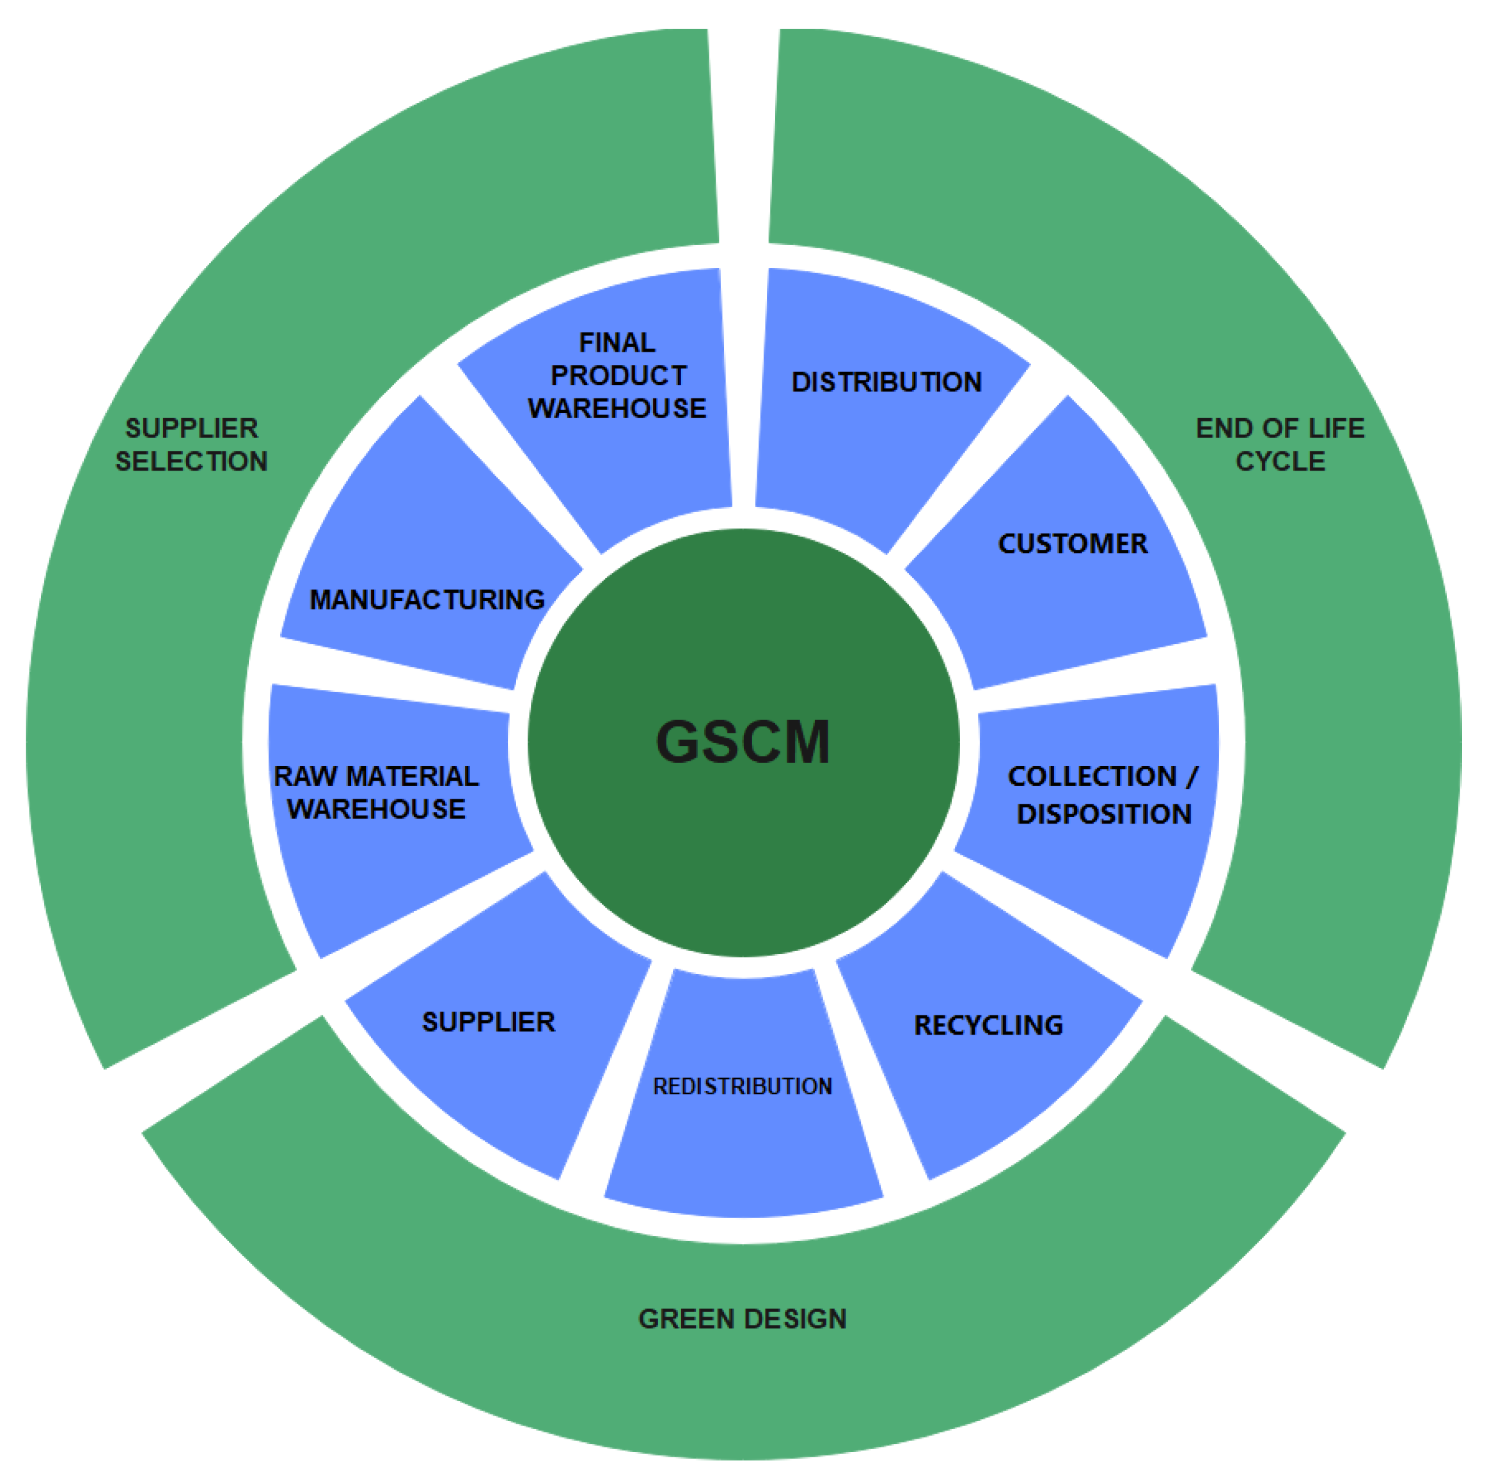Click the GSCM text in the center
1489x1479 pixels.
coord(743,742)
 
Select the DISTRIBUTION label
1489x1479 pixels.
coord(886,382)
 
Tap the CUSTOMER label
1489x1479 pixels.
coord(1073,544)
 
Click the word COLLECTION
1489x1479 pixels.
coord(1092,776)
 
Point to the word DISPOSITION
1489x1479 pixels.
coord(1104,814)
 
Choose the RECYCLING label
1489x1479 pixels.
coord(989,1025)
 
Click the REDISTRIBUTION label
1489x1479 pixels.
coord(742,1087)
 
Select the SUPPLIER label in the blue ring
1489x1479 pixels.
coord(489,1022)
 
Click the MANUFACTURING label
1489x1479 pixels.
coord(427,600)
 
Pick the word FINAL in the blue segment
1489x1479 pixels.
coord(617,342)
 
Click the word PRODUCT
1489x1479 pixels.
coord(618,375)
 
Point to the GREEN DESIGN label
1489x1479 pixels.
coord(742,1319)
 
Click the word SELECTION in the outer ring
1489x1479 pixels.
coord(191,462)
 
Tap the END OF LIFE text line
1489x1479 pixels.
coord(1280,428)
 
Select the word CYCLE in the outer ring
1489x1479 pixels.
coord(1280,462)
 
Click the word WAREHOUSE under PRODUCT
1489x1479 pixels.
coord(617,408)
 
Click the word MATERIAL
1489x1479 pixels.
coord(413,776)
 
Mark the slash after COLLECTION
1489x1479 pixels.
coord(1192,776)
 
